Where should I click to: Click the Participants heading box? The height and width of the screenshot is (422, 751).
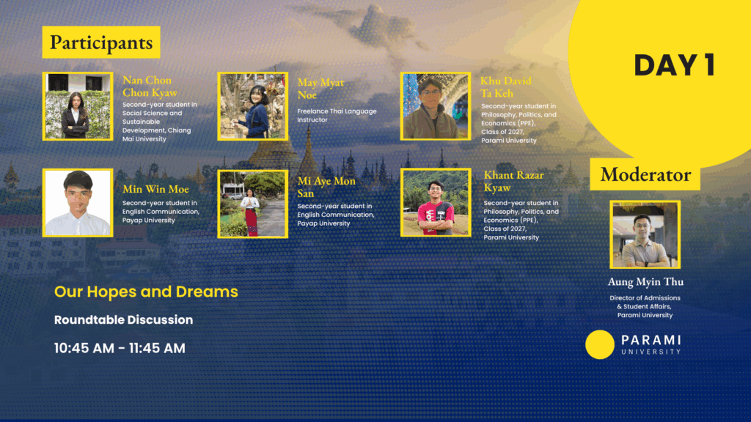click(x=101, y=42)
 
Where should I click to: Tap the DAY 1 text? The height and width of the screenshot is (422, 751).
click(x=675, y=65)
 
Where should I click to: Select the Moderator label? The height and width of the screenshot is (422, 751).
click(x=645, y=174)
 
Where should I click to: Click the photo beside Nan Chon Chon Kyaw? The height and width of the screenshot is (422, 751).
click(x=78, y=106)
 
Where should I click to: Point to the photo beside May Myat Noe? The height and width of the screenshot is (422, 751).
click(x=253, y=106)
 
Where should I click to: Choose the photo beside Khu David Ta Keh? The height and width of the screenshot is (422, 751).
click(x=436, y=106)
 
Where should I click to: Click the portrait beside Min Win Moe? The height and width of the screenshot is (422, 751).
click(x=78, y=202)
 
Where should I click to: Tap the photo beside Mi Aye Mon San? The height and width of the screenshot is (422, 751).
click(x=253, y=204)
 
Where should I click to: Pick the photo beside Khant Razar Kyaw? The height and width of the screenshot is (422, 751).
click(x=436, y=202)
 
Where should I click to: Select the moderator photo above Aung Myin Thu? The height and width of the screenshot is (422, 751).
click(x=645, y=234)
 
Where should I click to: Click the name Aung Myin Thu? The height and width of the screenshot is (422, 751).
click(x=645, y=282)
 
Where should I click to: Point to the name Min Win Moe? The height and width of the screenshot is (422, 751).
click(x=155, y=190)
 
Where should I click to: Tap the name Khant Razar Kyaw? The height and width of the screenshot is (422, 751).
click(x=513, y=182)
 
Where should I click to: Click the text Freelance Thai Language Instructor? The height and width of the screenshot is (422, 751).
click(x=337, y=115)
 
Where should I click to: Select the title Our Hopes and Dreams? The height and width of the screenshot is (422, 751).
click(x=146, y=292)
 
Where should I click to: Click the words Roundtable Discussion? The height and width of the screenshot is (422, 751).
click(x=123, y=319)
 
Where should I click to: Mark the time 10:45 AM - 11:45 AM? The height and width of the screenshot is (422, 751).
click(x=120, y=348)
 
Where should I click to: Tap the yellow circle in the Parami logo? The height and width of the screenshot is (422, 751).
click(x=600, y=344)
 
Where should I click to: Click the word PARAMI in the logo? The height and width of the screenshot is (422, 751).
click(x=651, y=340)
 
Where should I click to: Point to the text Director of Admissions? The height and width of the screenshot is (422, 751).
click(x=645, y=298)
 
